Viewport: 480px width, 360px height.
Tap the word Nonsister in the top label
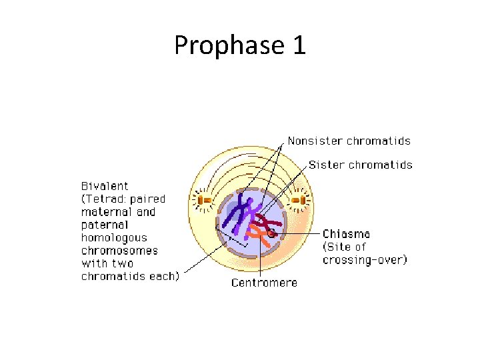pyautogui.click(x=315, y=141)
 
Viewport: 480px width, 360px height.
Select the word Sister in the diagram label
pyautogui.click(x=326, y=165)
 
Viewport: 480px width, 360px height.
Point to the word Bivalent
pyautogui.click(x=105, y=186)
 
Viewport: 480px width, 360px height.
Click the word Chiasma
pyautogui.click(x=346, y=234)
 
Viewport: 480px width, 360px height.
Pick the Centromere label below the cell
pyautogui.click(x=264, y=282)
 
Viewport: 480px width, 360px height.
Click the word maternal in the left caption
pyautogui.click(x=109, y=211)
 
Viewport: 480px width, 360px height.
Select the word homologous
pyautogui.click(x=114, y=237)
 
